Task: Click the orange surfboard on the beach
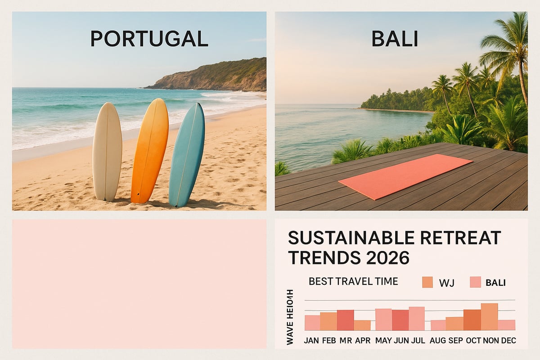[150, 151]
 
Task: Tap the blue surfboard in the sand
[187, 155]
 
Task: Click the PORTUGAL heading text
[149, 39]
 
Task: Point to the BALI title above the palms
[395, 39]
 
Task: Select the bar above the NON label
[489, 316]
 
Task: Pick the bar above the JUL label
[417, 318]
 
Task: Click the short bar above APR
[362, 325]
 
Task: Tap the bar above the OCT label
[472, 319]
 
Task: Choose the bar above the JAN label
[312, 322]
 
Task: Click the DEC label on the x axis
[507, 341]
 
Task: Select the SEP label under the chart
[454, 341]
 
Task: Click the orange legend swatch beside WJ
[427, 282]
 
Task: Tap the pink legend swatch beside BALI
[475, 282]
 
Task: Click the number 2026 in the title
[385, 258]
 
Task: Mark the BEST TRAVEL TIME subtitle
[353, 282]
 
